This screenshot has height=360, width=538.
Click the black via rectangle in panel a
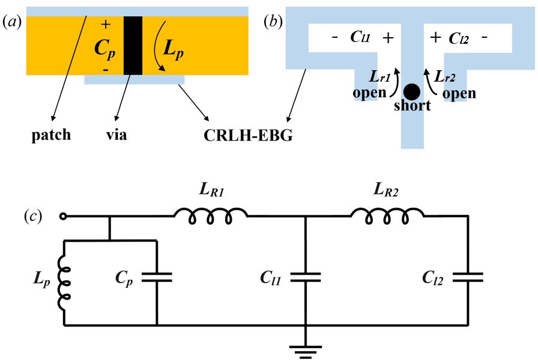click(133, 46)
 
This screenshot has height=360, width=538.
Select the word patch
click(51, 135)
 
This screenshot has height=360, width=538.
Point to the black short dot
click(411, 91)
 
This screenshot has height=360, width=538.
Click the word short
click(412, 106)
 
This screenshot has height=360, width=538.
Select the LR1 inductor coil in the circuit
click(210, 217)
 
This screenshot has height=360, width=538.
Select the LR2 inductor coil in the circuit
click(387, 217)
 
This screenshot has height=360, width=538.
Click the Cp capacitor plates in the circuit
click(157, 277)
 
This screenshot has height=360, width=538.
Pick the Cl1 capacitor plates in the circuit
click(306, 277)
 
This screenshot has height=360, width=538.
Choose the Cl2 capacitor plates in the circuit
click(468, 277)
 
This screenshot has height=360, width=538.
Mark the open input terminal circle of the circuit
click(61, 217)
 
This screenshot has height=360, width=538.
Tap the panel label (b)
click(274, 22)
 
